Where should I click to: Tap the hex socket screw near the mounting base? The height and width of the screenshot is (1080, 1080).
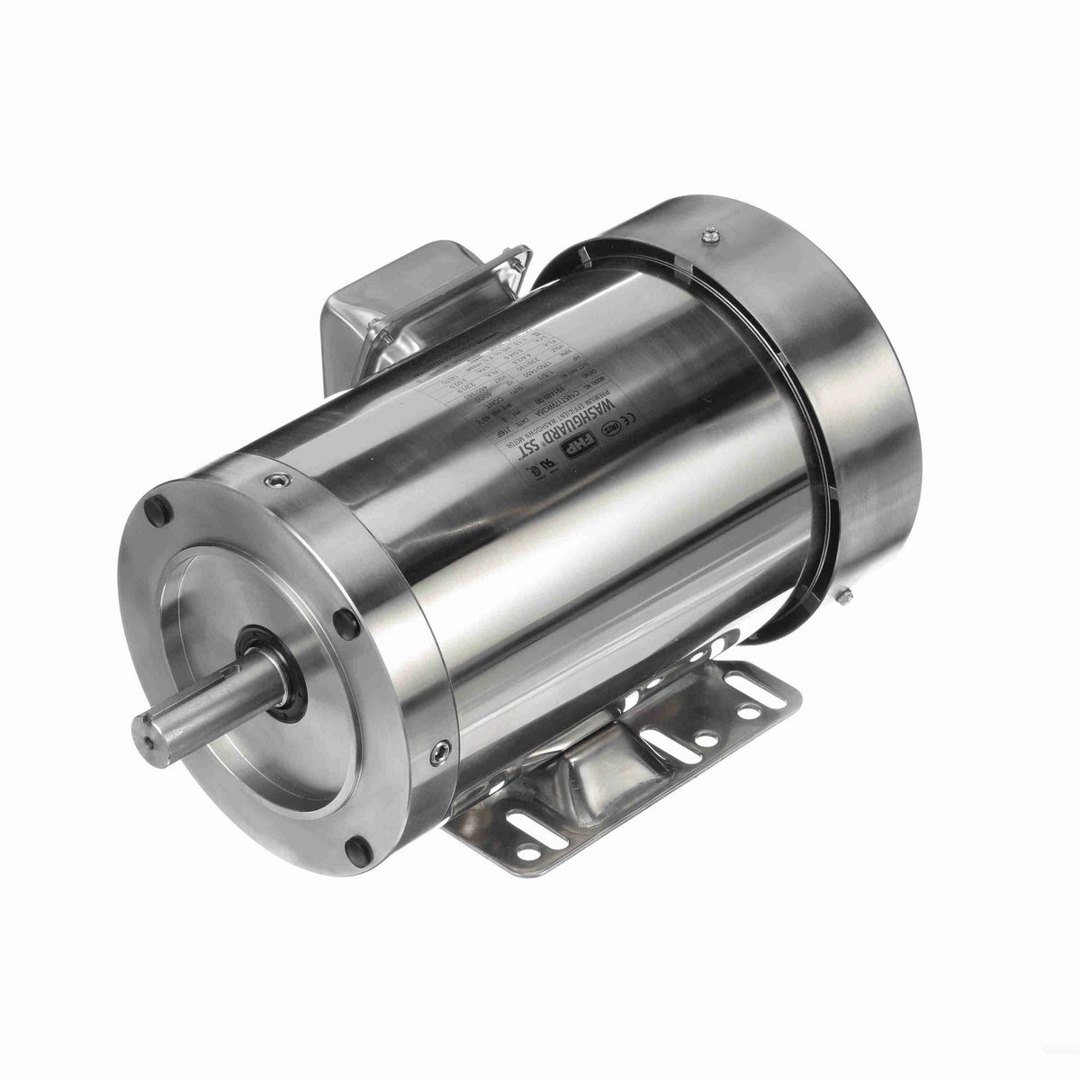(x=439, y=752)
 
